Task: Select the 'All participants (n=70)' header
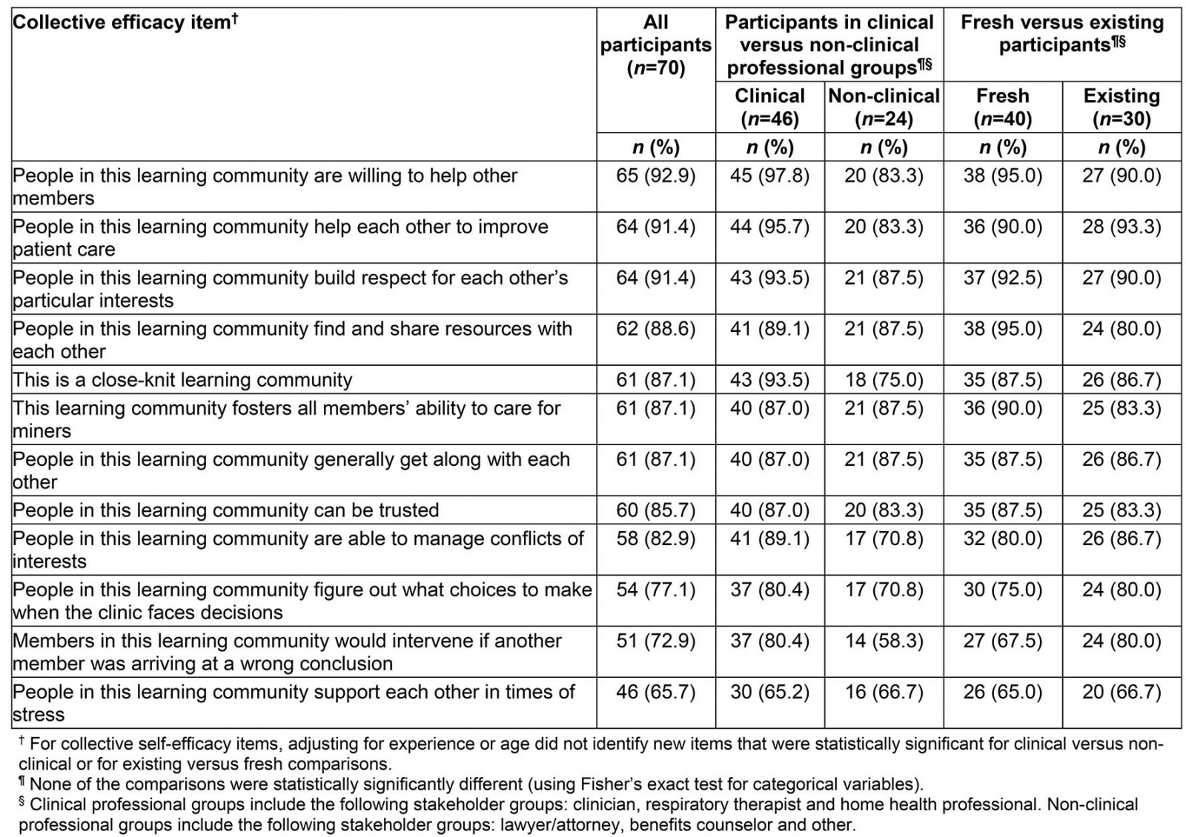click(x=655, y=44)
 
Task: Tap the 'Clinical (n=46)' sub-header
click(x=769, y=107)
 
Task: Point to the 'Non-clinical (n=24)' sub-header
click(x=884, y=107)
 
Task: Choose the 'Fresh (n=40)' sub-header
click(x=1002, y=107)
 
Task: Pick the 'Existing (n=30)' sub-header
click(x=1122, y=107)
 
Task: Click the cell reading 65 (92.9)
click(x=655, y=176)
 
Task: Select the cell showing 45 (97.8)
click(x=769, y=176)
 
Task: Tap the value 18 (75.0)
click(x=884, y=380)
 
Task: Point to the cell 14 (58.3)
click(x=884, y=641)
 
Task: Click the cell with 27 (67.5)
click(x=1002, y=641)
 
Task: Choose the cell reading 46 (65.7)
click(x=655, y=692)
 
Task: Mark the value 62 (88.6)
click(x=655, y=329)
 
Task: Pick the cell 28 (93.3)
click(x=1122, y=227)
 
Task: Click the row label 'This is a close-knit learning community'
click(x=182, y=380)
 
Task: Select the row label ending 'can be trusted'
click(x=226, y=510)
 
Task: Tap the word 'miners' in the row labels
click(x=42, y=431)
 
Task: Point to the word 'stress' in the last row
click(x=39, y=715)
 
